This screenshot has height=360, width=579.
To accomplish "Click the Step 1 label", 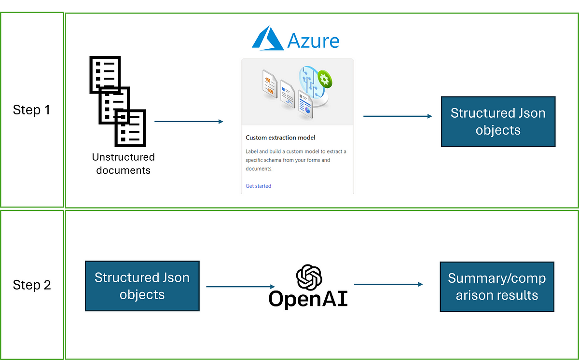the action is click(x=31, y=110).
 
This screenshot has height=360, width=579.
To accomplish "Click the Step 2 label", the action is click(x=32, y=285).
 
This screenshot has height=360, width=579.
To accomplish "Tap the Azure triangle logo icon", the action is click(x=268, y=38).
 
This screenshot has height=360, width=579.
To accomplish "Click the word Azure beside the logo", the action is click(x=313, y=41).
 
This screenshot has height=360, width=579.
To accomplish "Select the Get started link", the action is click(x=258, y=186).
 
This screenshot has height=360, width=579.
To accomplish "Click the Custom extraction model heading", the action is click(x=280, y=138).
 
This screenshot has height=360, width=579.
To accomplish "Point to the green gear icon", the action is click(x=325, y=79).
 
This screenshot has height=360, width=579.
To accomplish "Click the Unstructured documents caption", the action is click(x=124, y=164).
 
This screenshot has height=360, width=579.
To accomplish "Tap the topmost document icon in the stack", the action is click(x=105, y=74).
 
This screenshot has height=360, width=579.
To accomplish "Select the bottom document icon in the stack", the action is click(x=130, y=128).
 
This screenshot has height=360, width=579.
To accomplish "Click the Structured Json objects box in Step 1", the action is click(x=498, y=122).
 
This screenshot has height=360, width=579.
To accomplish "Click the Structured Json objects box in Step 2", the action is click(x=142, y=286).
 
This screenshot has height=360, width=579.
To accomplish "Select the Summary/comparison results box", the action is click(x=497, y=287).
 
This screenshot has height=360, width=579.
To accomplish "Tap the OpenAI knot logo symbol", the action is click(x=309, y=277).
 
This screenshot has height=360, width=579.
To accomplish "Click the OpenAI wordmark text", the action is click(x=308, y=299).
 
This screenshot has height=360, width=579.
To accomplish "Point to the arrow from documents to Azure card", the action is click(x=189, y=122).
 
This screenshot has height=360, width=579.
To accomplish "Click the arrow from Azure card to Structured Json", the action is click(x=398, y=116).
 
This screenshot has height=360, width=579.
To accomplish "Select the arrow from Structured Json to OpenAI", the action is click(x=240, y=287).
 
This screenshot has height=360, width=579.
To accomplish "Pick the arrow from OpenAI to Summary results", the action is click(x=388, y=284).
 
